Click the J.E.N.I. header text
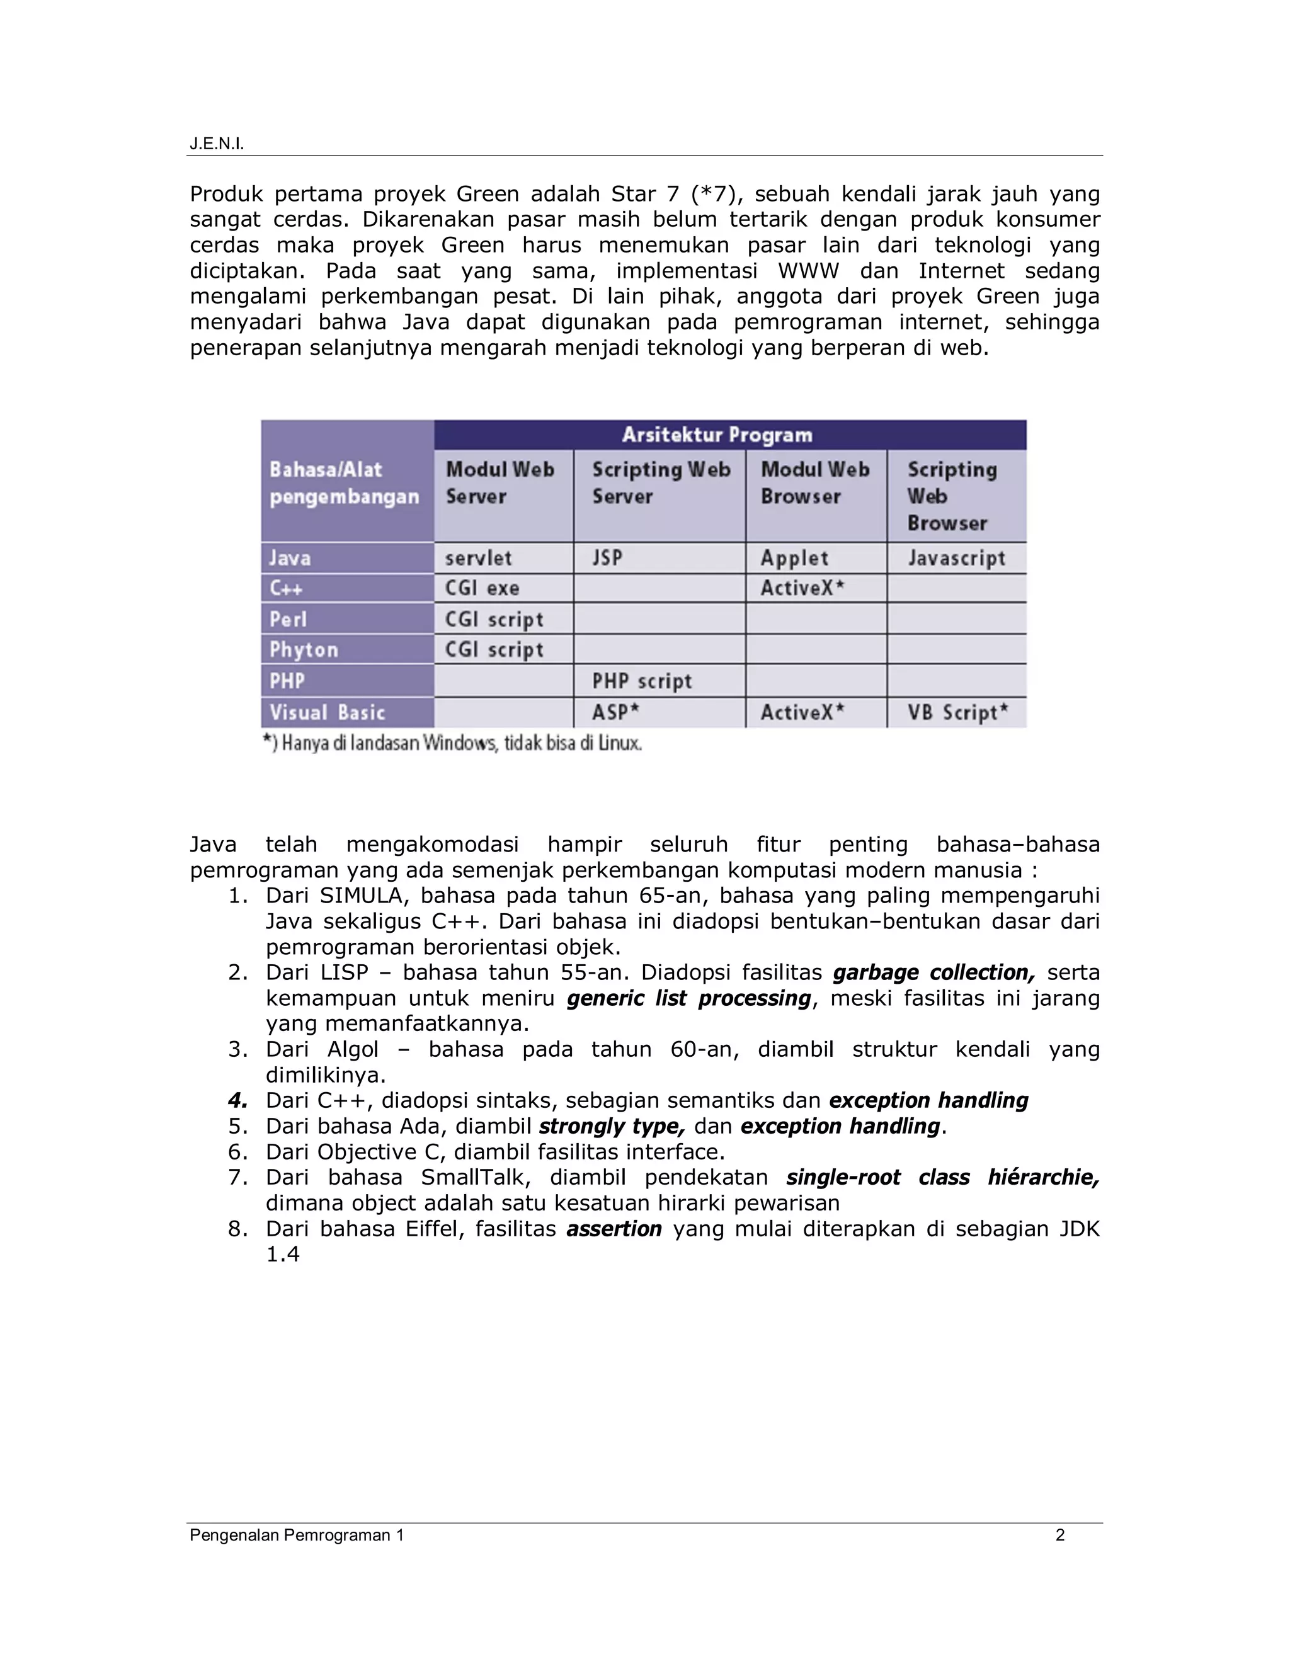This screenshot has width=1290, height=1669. pos(216,144)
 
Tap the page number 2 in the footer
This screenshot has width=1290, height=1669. pos(1059,1534)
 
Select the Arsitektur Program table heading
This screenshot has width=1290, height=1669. pos(716,435)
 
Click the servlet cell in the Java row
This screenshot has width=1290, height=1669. pos(479,558)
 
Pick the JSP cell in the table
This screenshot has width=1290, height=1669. pos(608,558)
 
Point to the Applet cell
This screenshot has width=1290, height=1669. pos(794,558)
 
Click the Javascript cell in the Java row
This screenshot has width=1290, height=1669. pos(956,558)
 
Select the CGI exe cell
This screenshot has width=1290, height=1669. pos(482,588)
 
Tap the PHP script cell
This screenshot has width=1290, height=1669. pos(642,681)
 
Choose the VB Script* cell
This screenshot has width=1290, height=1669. pos(957,712)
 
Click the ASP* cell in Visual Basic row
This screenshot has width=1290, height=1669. pos(615,712)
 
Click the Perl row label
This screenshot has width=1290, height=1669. pos(287,619)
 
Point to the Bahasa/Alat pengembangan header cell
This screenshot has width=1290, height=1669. pos(344,483)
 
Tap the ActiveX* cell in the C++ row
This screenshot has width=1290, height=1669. pos(802,588)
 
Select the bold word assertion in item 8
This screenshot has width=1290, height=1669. pos(614,1228)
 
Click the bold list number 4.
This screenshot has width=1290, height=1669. pos(237,1100)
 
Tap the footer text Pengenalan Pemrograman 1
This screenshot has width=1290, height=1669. pos(297,1534)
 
